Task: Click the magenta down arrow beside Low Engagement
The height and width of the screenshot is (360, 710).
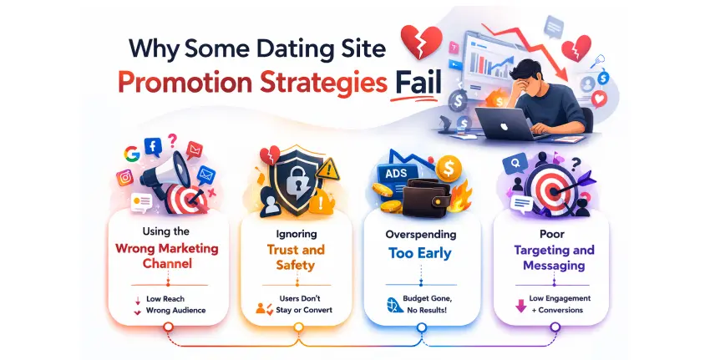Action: [521, 305]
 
